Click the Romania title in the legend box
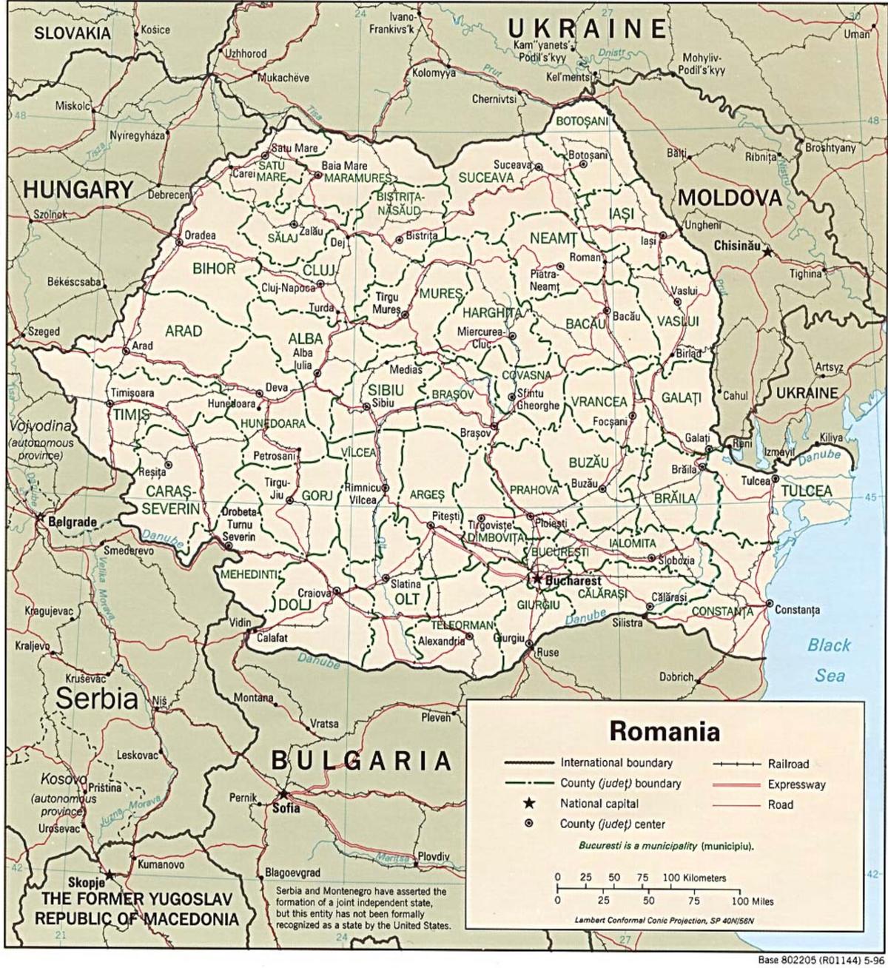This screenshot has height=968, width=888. (x=664, y=731)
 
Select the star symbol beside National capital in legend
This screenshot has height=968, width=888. (x=528, y=804)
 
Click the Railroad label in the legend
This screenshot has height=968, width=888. (x=788, y=764)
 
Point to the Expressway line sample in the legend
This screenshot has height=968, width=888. (x=736, y=784)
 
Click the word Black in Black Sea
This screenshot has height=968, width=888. (x=829, y=645)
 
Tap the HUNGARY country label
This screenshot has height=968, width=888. (x=77, y=189)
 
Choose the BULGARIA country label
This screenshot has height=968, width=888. (x=361, y=760)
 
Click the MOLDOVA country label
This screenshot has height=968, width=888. (x=730, y=198)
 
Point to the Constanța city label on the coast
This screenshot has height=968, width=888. (x=798, y=611)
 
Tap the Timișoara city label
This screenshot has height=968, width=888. (x=132, y=392)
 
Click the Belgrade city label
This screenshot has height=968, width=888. (x=72, y=522)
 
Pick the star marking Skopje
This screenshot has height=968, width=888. (x=110, y=875)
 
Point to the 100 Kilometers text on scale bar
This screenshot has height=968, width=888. (x=695, y=878)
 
